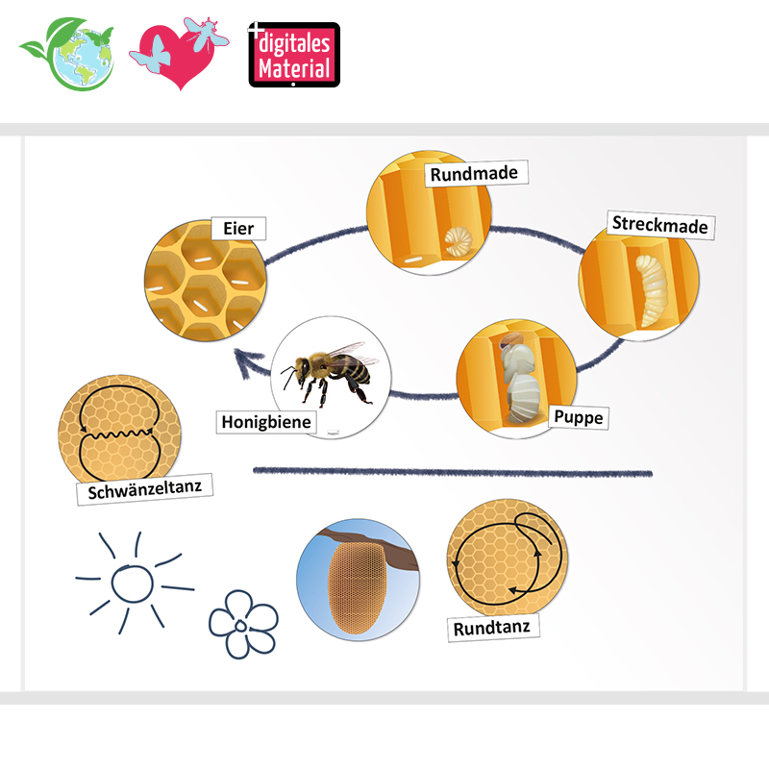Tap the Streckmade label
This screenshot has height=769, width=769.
click(x=659, y=226)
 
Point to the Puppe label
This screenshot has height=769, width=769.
click(x=578, y=418)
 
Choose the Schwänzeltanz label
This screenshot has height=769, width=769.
click(x=143, y=490)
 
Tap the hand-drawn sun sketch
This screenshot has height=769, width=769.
click(x=127, y=582)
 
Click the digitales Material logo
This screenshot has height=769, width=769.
click(x=294, y=56)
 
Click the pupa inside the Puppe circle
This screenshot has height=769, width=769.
click(x=519, y=380)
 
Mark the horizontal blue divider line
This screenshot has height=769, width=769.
click(x=452, y=472)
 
